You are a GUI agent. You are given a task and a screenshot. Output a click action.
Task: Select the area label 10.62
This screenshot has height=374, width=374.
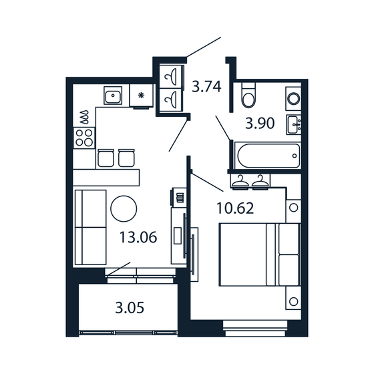(236, 208)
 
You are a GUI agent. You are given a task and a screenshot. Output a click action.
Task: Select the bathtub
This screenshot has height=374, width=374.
(265, 156)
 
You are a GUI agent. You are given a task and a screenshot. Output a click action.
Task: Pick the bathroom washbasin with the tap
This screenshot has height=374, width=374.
(294, 124)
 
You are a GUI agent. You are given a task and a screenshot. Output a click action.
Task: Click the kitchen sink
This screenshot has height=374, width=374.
(113, 96)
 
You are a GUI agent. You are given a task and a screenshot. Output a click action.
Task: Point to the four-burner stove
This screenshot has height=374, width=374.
(84, 137)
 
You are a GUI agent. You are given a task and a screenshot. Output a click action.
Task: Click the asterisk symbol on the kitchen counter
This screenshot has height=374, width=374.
(142, 96)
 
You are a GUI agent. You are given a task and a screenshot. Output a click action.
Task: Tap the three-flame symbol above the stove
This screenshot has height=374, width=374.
(84, 118)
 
